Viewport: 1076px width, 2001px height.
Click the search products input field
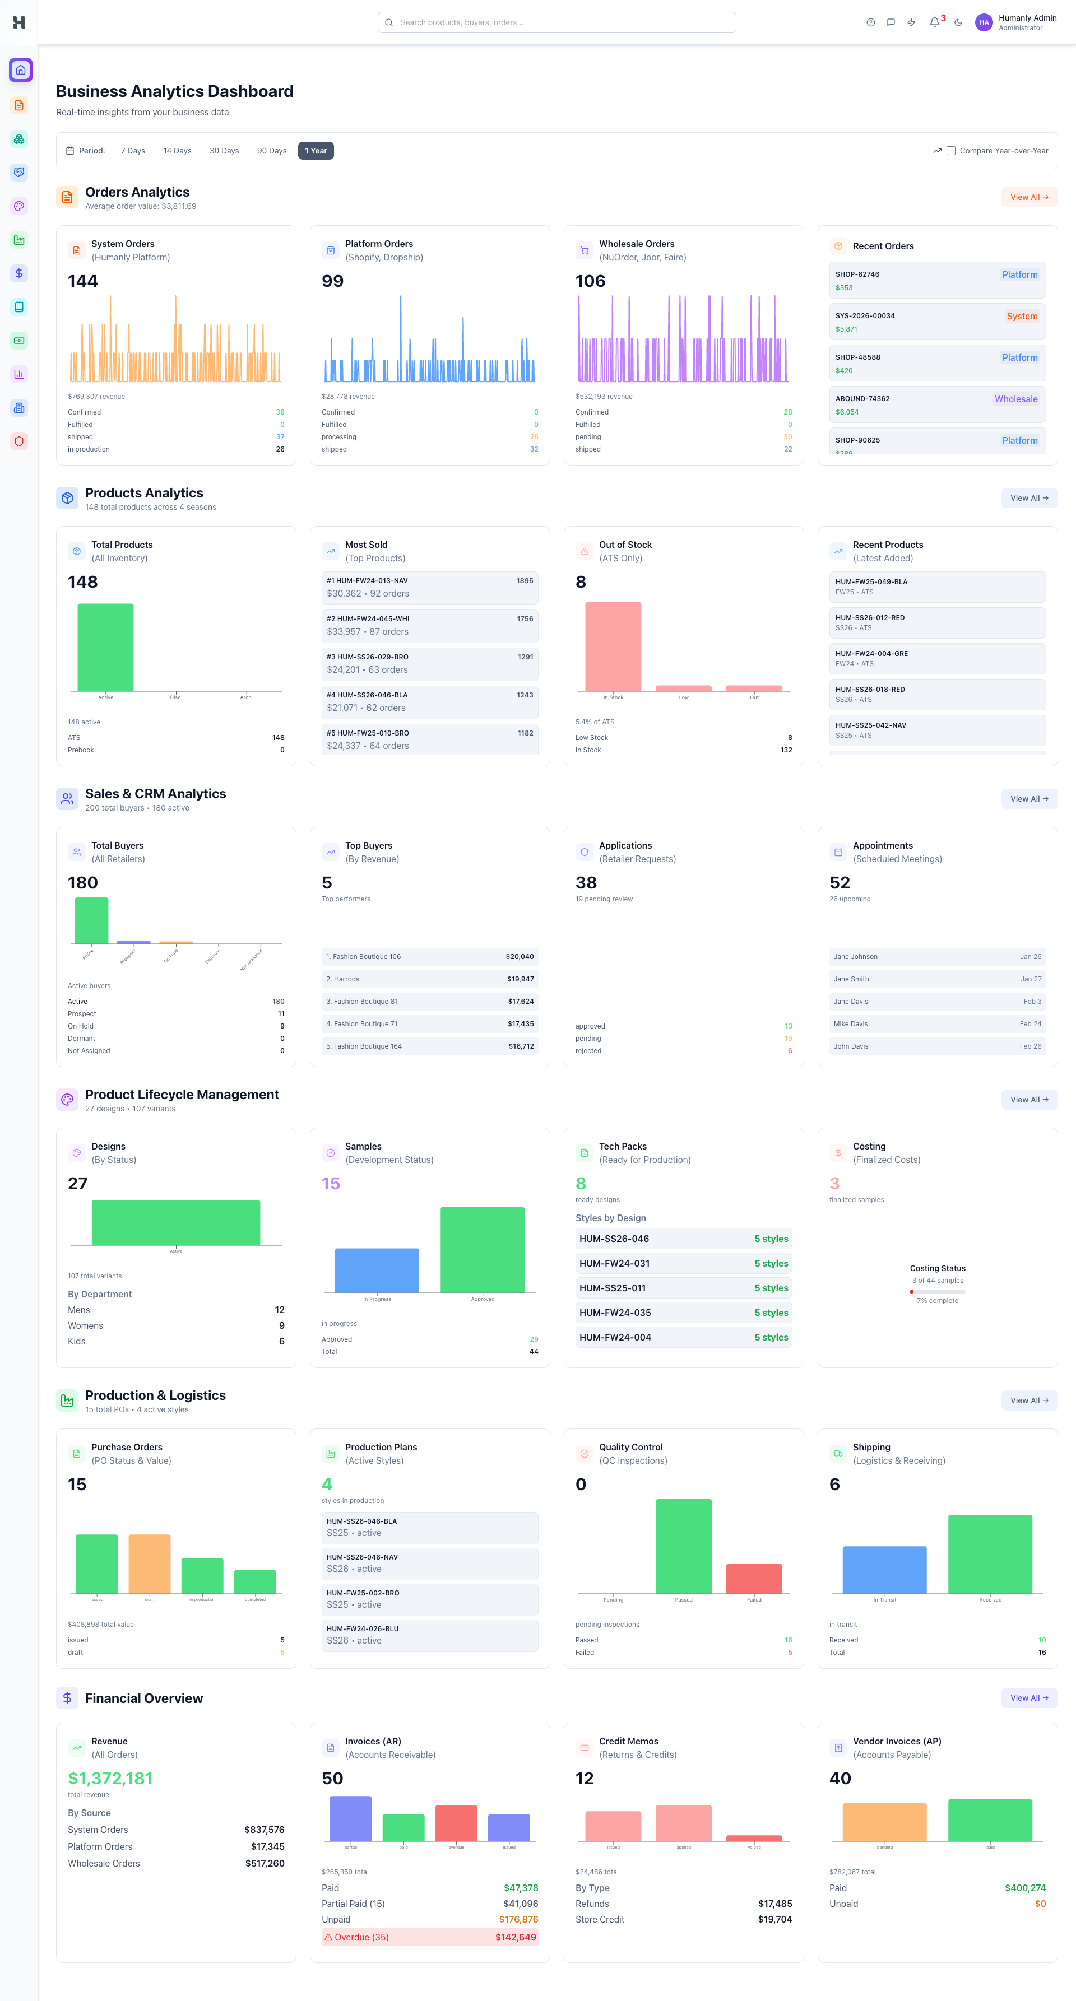(x=556, y=22)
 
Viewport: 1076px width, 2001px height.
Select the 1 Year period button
(x=316, y=151)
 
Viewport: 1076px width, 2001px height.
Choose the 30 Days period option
(x=224, y=151)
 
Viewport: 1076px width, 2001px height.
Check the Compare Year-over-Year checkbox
(x=950, y=151)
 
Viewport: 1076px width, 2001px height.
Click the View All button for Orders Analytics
(x=1028, y=197)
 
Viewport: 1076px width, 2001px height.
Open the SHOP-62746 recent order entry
(x=937, y=281)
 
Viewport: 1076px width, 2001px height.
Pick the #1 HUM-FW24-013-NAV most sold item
(x=430, y=587)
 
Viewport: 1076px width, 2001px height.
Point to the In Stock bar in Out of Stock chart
(x=613, y=646)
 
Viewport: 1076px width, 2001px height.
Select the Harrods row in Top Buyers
(x=430, y=979)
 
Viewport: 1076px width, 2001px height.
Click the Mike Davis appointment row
(x=937, y=1024)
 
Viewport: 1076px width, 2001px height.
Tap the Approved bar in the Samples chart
(x=483, y=1249)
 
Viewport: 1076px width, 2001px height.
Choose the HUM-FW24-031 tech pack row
(x=683, y=1263)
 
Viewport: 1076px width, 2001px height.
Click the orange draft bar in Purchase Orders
(x=149, y=1563)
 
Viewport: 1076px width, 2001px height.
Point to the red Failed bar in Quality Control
(x=754, y=1579)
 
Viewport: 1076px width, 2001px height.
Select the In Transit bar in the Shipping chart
(x=884, y=1569)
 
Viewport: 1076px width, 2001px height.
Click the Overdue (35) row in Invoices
(x=430, y=1937)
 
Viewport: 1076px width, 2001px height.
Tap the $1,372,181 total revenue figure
(x=110, y=1778)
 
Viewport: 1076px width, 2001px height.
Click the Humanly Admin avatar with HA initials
(x=984, y=22)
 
